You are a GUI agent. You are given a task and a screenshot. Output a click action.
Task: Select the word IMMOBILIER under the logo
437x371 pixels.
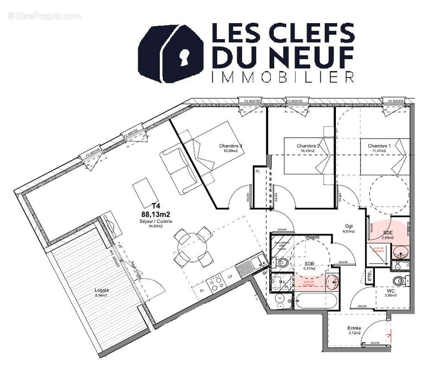point(283,77)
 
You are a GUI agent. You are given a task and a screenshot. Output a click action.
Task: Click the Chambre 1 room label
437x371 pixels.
point(379,146)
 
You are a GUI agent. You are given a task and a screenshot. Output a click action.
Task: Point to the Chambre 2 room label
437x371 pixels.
point(308,146)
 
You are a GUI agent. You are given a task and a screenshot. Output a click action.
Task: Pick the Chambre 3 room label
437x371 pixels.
point(231,146)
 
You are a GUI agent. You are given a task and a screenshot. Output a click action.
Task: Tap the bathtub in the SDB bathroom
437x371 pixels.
point(317,301)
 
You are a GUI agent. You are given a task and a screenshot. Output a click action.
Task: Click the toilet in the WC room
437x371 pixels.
point(398,281)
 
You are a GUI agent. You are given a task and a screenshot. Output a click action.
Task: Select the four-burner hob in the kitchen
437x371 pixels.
point(215,282)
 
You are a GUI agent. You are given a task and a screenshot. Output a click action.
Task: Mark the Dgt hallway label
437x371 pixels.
point(348,226)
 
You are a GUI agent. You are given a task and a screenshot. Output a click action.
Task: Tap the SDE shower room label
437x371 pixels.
point(388,232)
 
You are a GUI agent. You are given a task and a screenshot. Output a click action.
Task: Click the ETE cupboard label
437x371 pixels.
point(370,277)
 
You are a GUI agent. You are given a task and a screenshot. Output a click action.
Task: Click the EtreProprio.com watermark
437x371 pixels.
point(45,16)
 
